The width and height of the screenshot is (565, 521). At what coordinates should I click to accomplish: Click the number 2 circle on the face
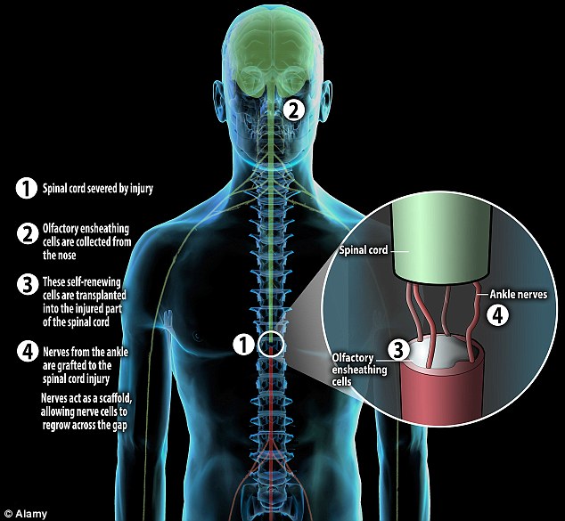[294, 110]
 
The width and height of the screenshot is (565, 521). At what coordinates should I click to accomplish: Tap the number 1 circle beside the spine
[244, 344]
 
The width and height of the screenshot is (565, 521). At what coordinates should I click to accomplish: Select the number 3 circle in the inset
[398, 349]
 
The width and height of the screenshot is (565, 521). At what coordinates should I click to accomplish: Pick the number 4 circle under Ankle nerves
[497, 315]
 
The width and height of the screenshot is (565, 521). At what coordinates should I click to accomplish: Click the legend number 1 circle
[27, 188]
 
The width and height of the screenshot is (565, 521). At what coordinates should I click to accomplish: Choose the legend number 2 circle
[28, 233]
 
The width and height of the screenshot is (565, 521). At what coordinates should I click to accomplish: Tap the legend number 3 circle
[28, 284]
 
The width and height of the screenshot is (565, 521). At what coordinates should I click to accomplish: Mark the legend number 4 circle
[28, 351]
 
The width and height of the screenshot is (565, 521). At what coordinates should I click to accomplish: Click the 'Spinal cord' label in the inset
[364, 250]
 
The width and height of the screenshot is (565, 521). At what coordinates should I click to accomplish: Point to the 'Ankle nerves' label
[518, 294]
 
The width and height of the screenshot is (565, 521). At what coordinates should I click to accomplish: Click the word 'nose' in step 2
[67, 256]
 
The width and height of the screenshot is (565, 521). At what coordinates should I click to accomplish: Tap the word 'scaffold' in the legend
[117, 399]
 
